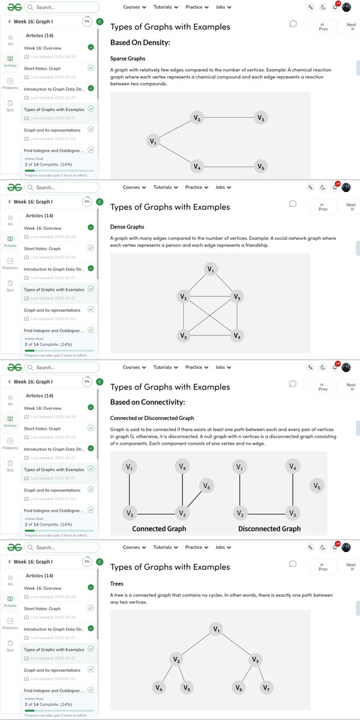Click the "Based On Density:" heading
click(x=140, y=43)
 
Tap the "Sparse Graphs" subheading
click(x=128, y=59)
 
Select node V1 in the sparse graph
click(x=154, y=142)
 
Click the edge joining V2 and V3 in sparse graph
click(x=228, y=118)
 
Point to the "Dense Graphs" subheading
click(x=127, y=227)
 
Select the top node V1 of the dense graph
click(x=210, y=269)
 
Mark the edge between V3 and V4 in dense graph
click(x=210, y=335)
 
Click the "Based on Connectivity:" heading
click(x=148, y=402)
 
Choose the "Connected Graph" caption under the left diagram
click(x=159, y=529)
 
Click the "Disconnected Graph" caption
click(x=269, y=529)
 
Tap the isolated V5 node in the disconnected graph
click(x=318, y=486)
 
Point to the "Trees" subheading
click(x=117, y=583)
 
